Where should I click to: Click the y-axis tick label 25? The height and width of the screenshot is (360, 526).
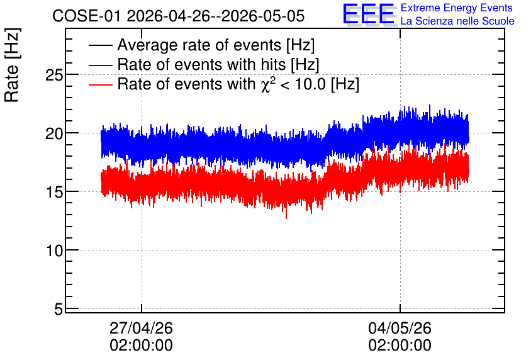[54, 76]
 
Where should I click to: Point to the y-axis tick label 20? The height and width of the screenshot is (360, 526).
[54, 134]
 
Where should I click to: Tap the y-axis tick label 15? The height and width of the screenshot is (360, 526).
[54, 193]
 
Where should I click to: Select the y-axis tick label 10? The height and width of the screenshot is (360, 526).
[54, 251]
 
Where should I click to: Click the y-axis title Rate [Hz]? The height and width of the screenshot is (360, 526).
[12, 65]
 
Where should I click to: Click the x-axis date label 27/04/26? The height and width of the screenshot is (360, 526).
[141, 328]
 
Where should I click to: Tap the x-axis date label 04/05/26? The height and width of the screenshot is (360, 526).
[400, 328]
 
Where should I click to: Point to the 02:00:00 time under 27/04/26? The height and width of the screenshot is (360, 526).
[141, 346]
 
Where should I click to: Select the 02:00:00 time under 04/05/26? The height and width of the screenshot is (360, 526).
[400, 346]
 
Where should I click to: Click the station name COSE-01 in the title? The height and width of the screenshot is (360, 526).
[86, 16]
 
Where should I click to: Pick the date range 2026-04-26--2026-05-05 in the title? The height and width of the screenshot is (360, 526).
[216, 16]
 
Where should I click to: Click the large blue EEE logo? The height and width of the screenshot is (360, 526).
[369, 14]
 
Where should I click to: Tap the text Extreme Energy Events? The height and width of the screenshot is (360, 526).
[457, 8]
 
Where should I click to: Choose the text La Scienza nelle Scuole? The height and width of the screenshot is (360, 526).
[457, 21]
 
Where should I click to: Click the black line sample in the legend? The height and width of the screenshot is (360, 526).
[100, 45]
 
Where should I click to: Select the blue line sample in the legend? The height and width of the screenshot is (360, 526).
[100, 65]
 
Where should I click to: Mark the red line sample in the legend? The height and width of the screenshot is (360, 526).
[100, 84]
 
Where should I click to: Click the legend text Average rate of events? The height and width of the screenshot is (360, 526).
[199, 45]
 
